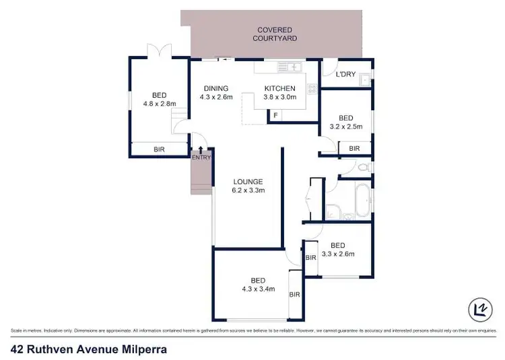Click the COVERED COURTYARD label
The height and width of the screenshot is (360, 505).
(x=275, y=34)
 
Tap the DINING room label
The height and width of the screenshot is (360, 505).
(x=216, y=88)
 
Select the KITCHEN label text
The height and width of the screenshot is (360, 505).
(x=279, y=88)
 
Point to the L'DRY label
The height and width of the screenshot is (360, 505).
(x=345, y=74)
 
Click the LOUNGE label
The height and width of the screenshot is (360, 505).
(x=248, y=182)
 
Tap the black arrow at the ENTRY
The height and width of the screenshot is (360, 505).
(x=201, y=149)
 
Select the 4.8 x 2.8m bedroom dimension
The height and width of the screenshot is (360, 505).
(x=159, y=104)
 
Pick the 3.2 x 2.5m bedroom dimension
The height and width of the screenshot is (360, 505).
(x=346, y=126)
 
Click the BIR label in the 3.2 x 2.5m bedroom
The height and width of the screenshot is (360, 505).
(x=354, y=148)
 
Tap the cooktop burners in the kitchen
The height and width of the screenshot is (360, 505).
(x=312, y=87)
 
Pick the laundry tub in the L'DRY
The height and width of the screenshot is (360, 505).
(x=364, y=80)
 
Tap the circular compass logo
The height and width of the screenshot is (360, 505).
(x=479, y=309)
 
